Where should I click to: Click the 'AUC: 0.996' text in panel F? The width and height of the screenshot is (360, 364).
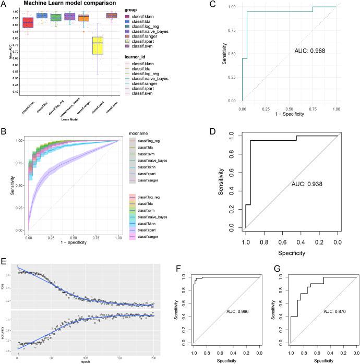click(241, 311)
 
